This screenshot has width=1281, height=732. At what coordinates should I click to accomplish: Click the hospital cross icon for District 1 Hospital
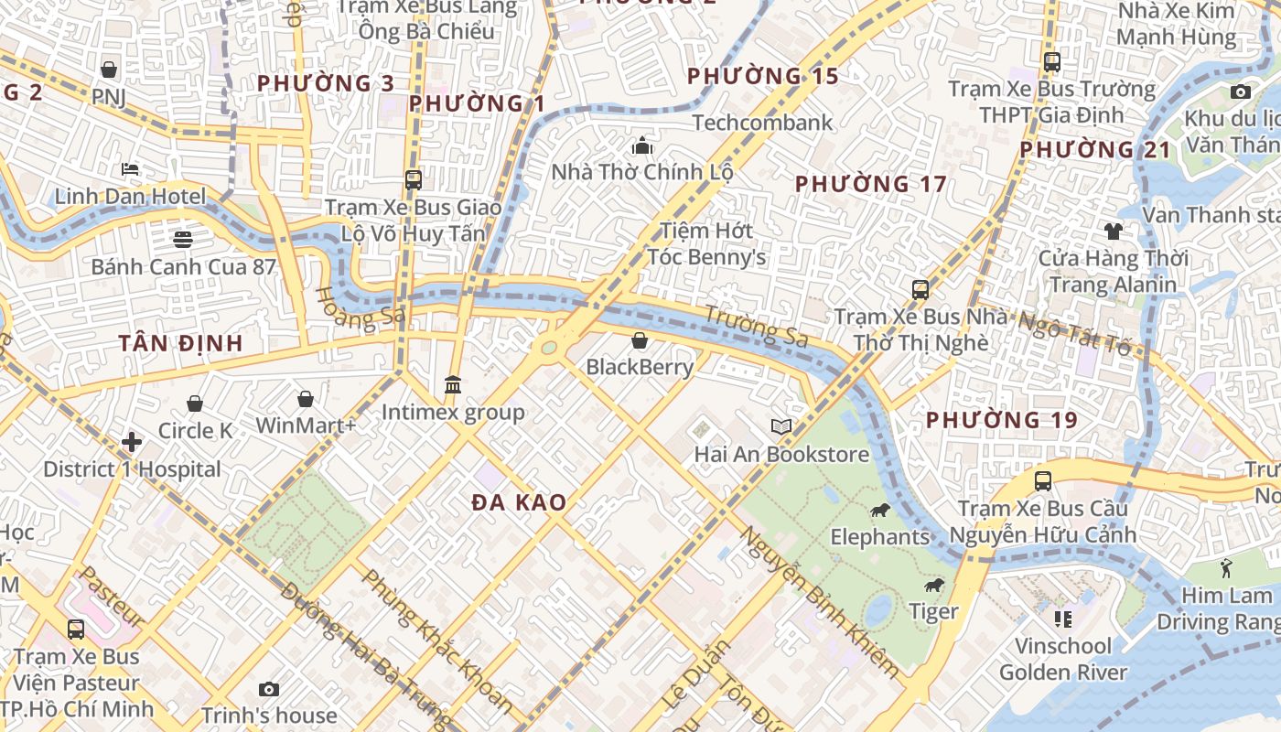132,443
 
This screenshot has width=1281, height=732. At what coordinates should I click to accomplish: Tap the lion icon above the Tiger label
933,586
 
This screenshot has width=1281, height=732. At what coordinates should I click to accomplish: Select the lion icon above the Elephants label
880,511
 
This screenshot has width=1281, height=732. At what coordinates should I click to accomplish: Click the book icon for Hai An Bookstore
780,427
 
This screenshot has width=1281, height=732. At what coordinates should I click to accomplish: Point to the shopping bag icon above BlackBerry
640,341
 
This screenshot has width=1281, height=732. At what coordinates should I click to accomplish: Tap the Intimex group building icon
453,385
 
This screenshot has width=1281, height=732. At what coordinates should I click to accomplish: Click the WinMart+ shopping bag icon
306,400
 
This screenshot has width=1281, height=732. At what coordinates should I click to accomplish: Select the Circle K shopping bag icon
195,404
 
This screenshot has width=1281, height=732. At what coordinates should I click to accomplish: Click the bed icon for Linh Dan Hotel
130,169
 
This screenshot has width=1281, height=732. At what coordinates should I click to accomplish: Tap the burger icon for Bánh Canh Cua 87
183,240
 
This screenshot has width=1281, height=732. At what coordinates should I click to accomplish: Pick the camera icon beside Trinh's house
268,689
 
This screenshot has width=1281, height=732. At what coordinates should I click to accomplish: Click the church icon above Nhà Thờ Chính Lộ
642,145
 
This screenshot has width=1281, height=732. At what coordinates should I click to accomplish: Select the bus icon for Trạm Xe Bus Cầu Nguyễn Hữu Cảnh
1042,481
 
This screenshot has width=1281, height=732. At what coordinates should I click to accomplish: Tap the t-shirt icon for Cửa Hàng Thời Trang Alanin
1113,231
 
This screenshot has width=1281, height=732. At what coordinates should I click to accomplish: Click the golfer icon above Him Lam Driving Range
1226,568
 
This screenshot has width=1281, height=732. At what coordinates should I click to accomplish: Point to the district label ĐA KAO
519,502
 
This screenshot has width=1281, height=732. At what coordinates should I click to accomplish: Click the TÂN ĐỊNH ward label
180,344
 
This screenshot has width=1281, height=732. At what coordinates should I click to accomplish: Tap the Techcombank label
762,123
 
